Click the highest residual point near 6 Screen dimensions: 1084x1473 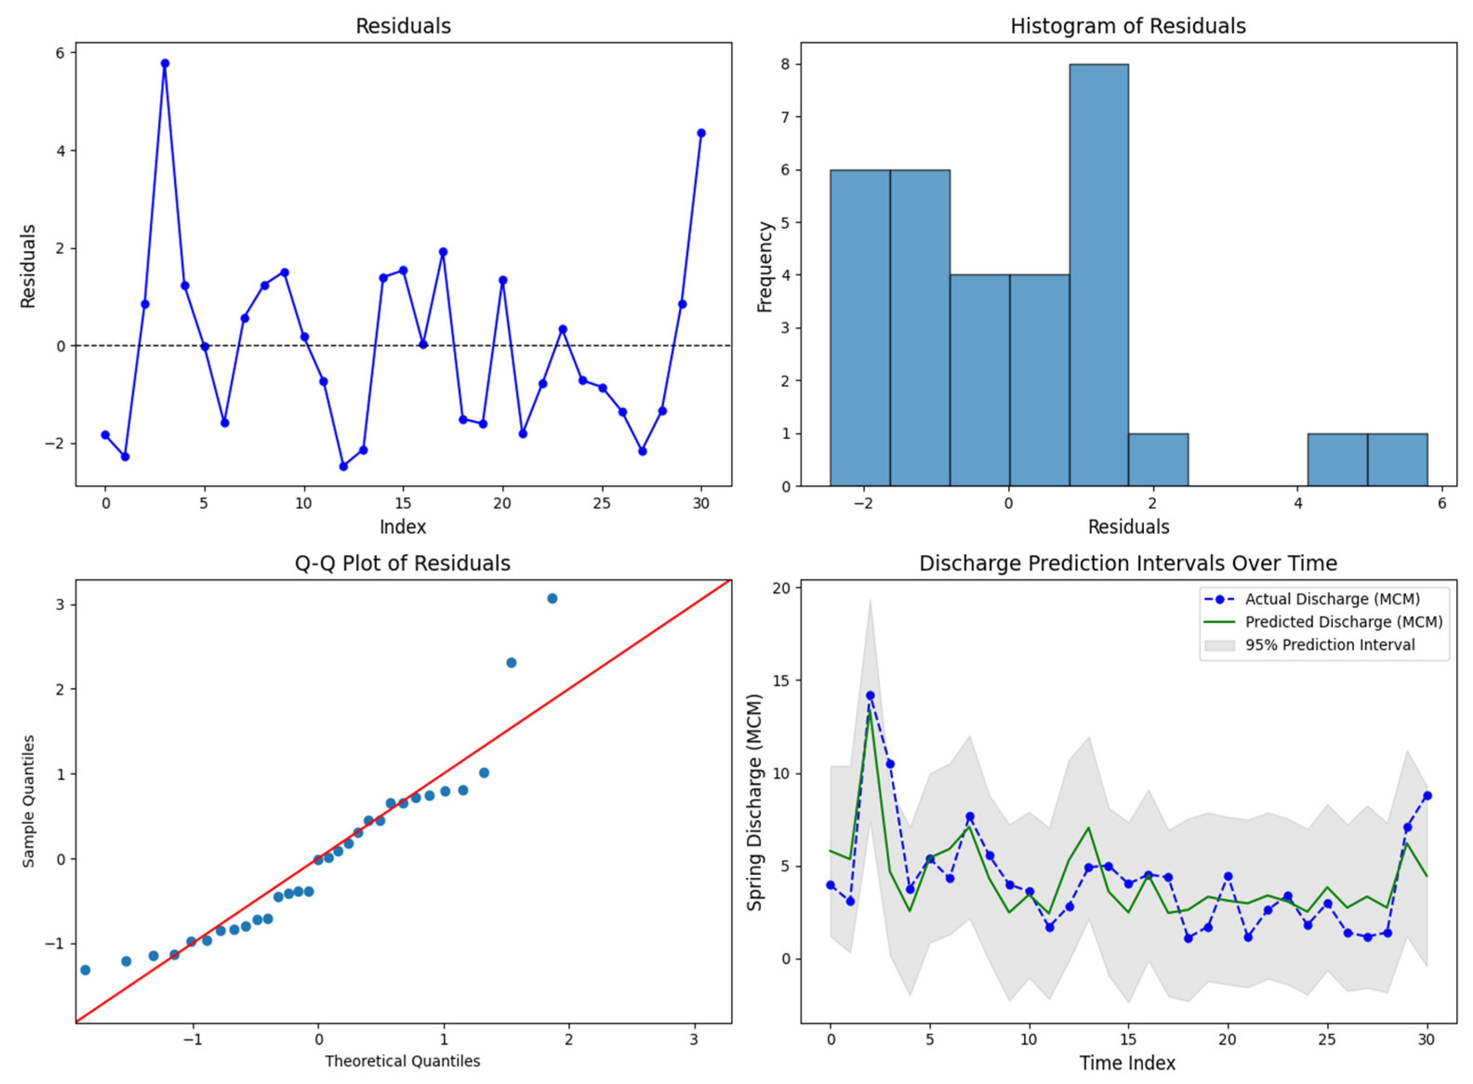coord(165,64)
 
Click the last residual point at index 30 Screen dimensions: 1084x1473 coord(701,133)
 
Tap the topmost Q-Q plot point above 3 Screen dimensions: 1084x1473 coord(552,598)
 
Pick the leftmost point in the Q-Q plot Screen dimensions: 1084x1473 coord(86,970)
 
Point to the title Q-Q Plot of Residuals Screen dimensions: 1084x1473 coord(402,564)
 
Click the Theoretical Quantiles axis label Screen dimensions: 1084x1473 coord(402,1061)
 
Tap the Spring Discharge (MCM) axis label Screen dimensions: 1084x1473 coord(755,802)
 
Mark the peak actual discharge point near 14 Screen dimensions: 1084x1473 coord(870,695)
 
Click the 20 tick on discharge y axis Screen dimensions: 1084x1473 coord(782,588)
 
